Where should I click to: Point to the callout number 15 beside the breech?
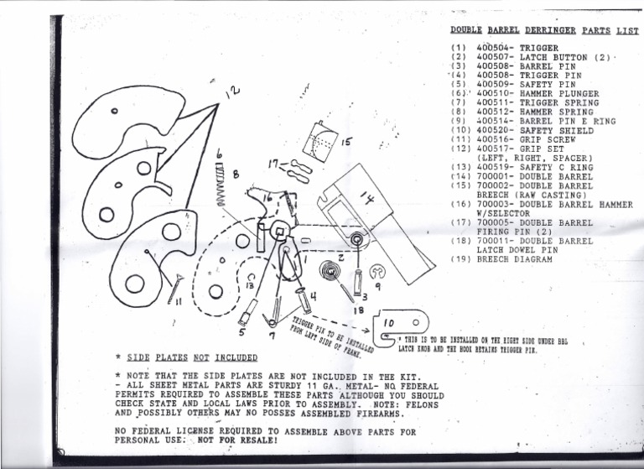click(x=346, y=143)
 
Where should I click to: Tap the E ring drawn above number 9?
click(x=378, y=271)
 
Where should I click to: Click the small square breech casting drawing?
click(x=320, y=140)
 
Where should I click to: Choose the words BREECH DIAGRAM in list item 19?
click(x=514, y=259)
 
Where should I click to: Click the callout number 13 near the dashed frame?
click(x=252, y=285)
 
